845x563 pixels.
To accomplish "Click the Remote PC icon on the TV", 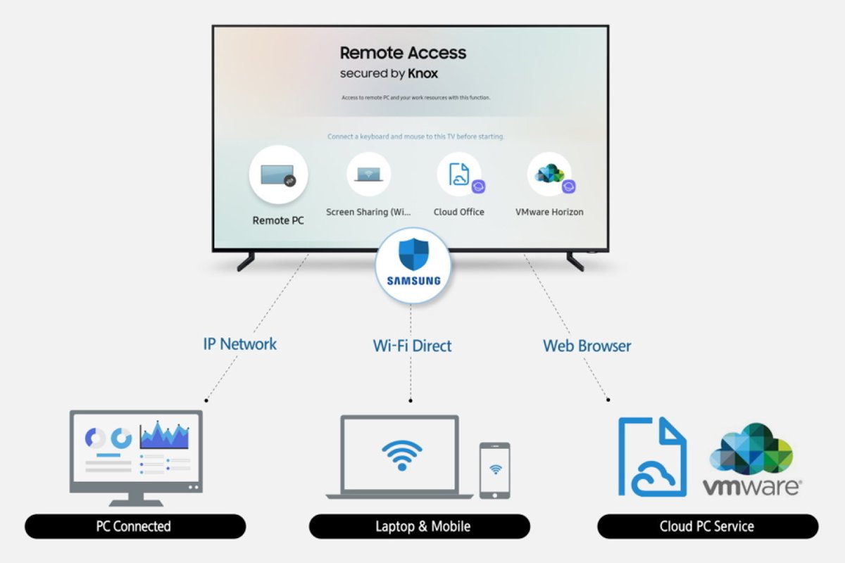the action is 278,175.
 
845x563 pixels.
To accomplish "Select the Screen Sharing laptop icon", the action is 368,174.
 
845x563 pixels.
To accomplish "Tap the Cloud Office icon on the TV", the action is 459,175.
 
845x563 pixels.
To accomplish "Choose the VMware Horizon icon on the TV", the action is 550,175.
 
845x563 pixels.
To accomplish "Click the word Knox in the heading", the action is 423,73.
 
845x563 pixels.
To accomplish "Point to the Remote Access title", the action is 403,53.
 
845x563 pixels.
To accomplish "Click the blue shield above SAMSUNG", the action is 413,254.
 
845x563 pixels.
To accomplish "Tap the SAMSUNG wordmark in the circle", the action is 414,281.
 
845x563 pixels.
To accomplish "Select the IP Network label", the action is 240,344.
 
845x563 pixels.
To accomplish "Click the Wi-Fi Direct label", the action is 413,346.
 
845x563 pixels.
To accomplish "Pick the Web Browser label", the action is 587,346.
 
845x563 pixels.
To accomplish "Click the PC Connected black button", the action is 135,526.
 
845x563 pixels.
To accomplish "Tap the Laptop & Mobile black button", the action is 420,526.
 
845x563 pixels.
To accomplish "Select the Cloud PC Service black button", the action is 708,526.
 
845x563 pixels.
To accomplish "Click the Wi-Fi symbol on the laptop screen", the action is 402,455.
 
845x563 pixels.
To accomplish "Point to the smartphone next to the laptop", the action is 494,471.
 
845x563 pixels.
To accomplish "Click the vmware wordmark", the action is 751,486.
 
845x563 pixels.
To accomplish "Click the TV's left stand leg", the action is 246,261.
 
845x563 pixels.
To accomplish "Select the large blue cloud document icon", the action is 652,457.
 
